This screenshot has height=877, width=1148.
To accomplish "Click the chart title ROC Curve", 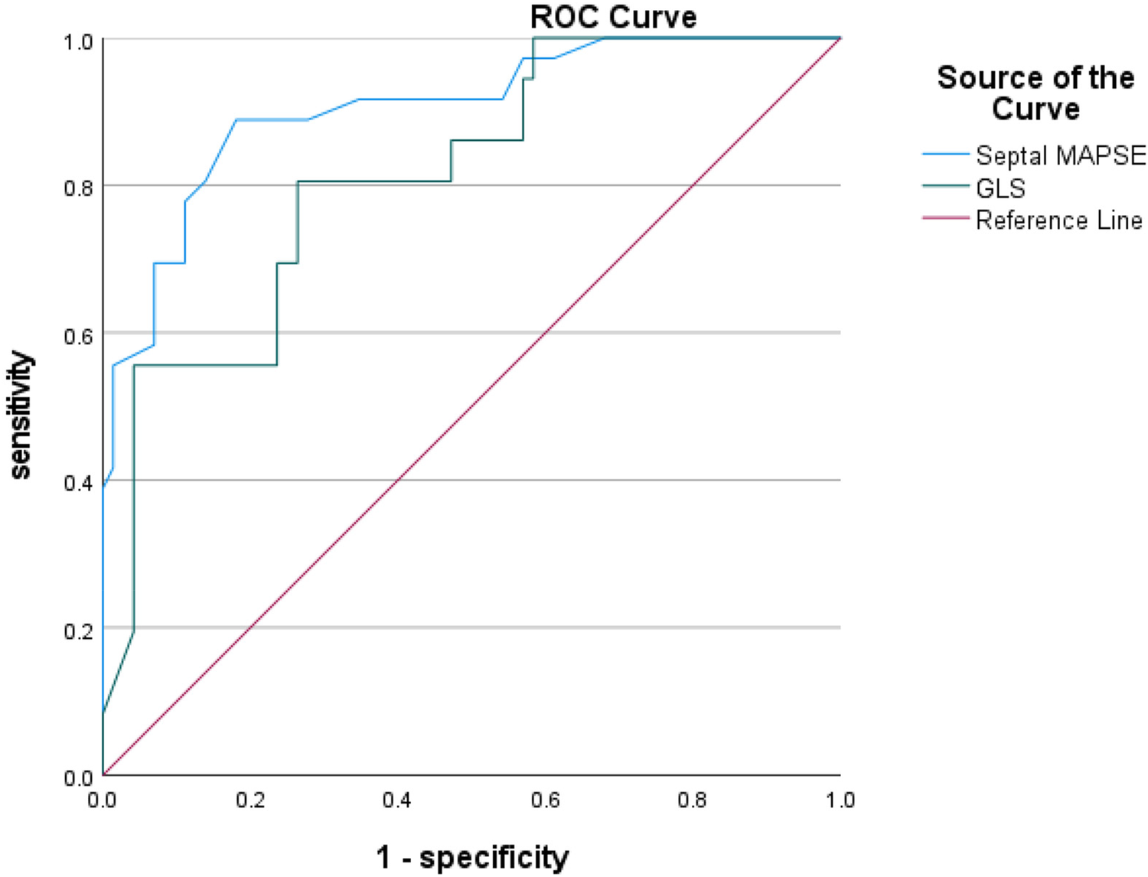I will coord(613,17).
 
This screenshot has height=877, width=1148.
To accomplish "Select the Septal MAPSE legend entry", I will coord(1060,155).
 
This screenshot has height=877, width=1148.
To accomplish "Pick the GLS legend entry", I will coord(1000,187).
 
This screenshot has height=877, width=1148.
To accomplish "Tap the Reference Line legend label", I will coord(1058,220).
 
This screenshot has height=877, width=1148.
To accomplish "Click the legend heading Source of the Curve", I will coord(1035,93).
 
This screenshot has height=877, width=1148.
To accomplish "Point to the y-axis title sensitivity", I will coord(21,415).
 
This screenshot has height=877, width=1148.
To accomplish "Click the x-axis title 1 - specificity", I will coord(472,856).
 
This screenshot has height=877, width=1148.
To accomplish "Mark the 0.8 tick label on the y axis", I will coord(79,187).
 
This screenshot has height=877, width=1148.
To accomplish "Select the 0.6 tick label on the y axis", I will coord(79,334).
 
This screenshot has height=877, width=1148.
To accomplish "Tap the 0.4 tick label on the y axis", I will coord(79,482).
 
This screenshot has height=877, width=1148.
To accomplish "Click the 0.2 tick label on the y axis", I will coord(79,630).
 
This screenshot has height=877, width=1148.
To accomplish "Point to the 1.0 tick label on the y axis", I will coord(79,41).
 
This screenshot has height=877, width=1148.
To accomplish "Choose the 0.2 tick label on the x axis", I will coord(250,800).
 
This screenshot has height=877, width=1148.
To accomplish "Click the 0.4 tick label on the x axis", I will coord(397,800).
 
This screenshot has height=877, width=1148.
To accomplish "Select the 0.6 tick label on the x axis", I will coord(545,800).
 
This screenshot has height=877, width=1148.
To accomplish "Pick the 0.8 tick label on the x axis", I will coord(692,800).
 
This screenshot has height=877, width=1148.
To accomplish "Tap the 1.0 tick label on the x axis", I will coord(840,800).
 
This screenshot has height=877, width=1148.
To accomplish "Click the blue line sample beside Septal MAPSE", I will coord(945,155).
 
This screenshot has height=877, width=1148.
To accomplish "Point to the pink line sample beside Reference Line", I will coord(945,219).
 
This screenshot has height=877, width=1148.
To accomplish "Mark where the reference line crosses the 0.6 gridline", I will coord(546,333).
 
